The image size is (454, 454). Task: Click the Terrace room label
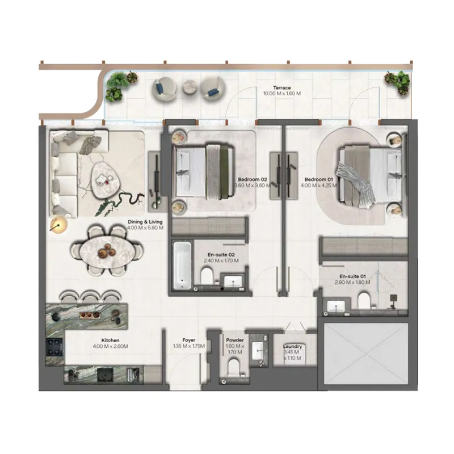pos(282,88)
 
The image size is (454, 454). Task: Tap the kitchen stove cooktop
pos(55,346)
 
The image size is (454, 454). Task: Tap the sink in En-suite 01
pos(337,307)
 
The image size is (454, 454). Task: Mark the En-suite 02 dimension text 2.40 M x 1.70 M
pos(221,261)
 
